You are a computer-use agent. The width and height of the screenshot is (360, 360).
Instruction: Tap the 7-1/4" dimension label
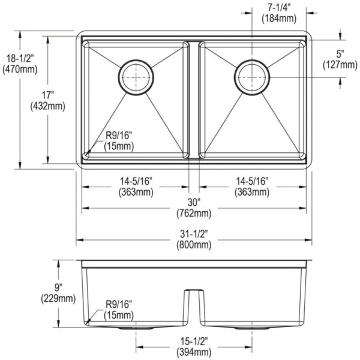point(277,7)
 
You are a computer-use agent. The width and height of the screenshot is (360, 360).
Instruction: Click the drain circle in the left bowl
point(136,76)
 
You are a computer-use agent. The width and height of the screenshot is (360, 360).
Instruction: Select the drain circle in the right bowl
point(251,76)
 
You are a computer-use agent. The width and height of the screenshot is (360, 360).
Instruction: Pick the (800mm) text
point(193,244)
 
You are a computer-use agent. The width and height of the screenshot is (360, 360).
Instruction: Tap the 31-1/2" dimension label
point(193,233)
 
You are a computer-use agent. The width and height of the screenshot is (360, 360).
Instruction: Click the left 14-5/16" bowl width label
point(136,181)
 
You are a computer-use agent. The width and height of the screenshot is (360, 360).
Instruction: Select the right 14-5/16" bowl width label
point(251,181)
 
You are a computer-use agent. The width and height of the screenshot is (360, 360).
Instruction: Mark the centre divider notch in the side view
point(192,294)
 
